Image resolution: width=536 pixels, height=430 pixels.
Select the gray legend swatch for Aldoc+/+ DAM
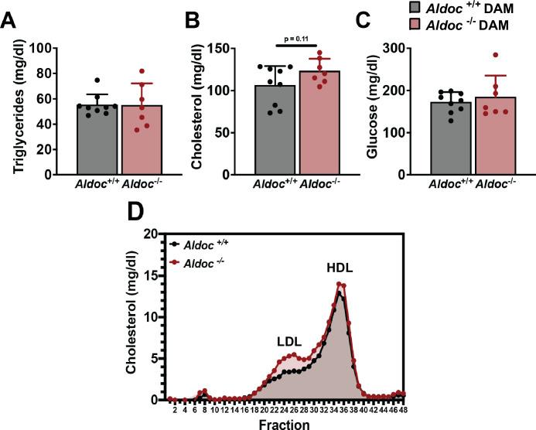[x=415, y=8]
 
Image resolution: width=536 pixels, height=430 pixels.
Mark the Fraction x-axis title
[x=285, y=424]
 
